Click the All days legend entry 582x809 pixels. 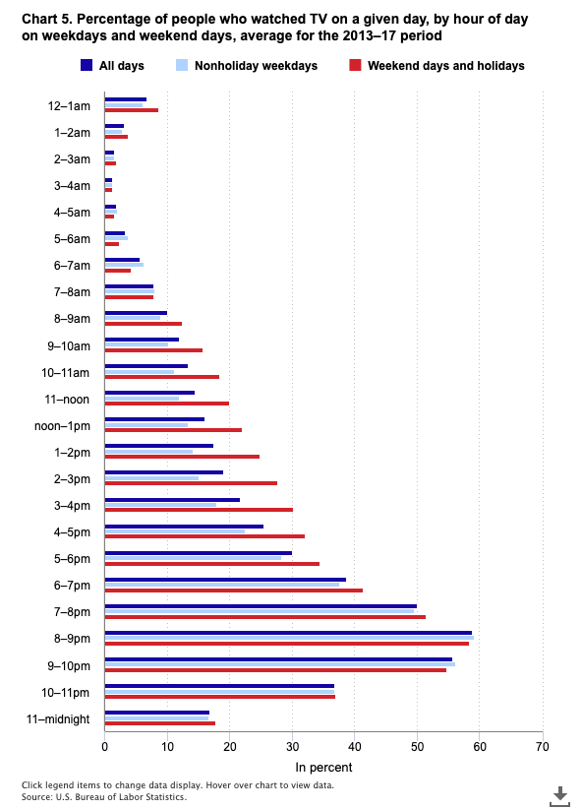tap(116, 66)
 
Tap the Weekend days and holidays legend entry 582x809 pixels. tap(437, 66)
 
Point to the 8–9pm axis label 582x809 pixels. tap(71, 639)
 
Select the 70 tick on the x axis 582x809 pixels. tap(542, 747)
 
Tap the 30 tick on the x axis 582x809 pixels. tap(292, 747)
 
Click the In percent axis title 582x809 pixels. tap(323, 768)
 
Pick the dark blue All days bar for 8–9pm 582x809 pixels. tap(287, 633)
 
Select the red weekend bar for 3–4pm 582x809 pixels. tap(199, 510)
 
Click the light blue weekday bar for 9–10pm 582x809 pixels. tap(279, 664)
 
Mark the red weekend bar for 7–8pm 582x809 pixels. tap(264, 617)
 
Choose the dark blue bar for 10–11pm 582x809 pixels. tap(219, 686)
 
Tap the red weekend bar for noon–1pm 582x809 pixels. tap(173, 430)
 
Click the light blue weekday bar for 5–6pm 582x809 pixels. tap(193, 558)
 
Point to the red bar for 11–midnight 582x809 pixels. tap(159, 723)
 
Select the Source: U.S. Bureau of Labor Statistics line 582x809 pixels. tap(103, 797)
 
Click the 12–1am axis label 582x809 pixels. tap(71, 105)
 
